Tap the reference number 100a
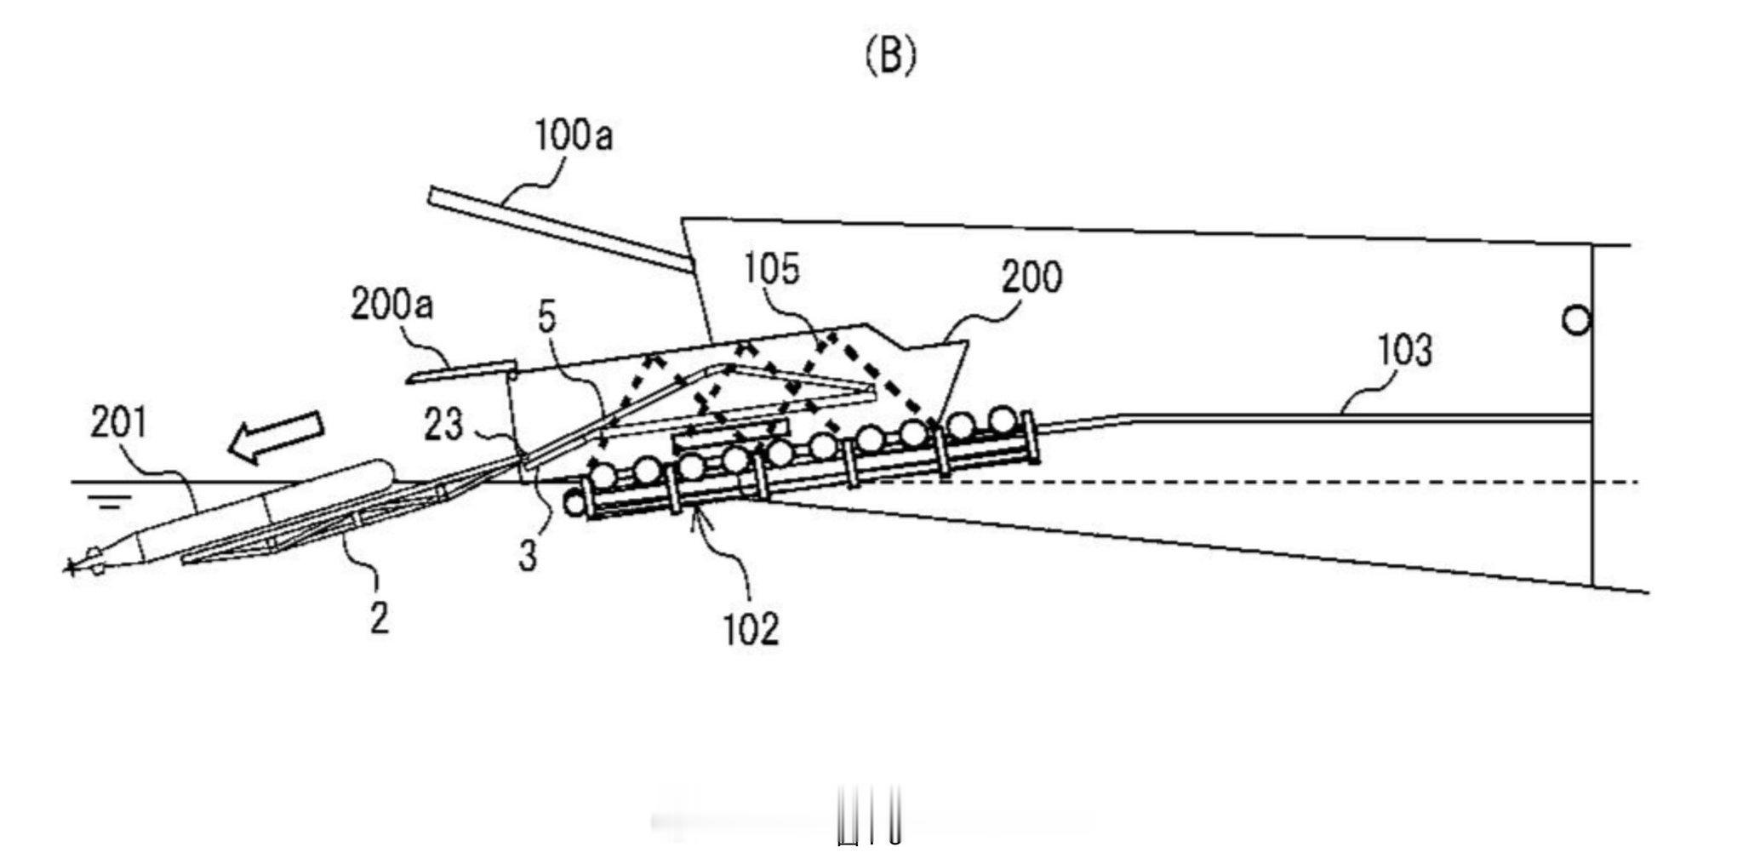(x=573, y=137)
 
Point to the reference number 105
(x=772, y=269)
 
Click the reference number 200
(x=1032, y=277)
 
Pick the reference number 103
(x=1403, y=351)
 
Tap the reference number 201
(x=119, y=423)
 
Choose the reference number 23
(x=443, y=425)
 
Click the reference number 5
(x=546, y=317)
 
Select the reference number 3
(x=528, y=557)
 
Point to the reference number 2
(x=379, y=616)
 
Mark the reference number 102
(x=751, y=629)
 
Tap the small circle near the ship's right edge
(x=1576, y=321)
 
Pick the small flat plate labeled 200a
(x=460, y=371)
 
